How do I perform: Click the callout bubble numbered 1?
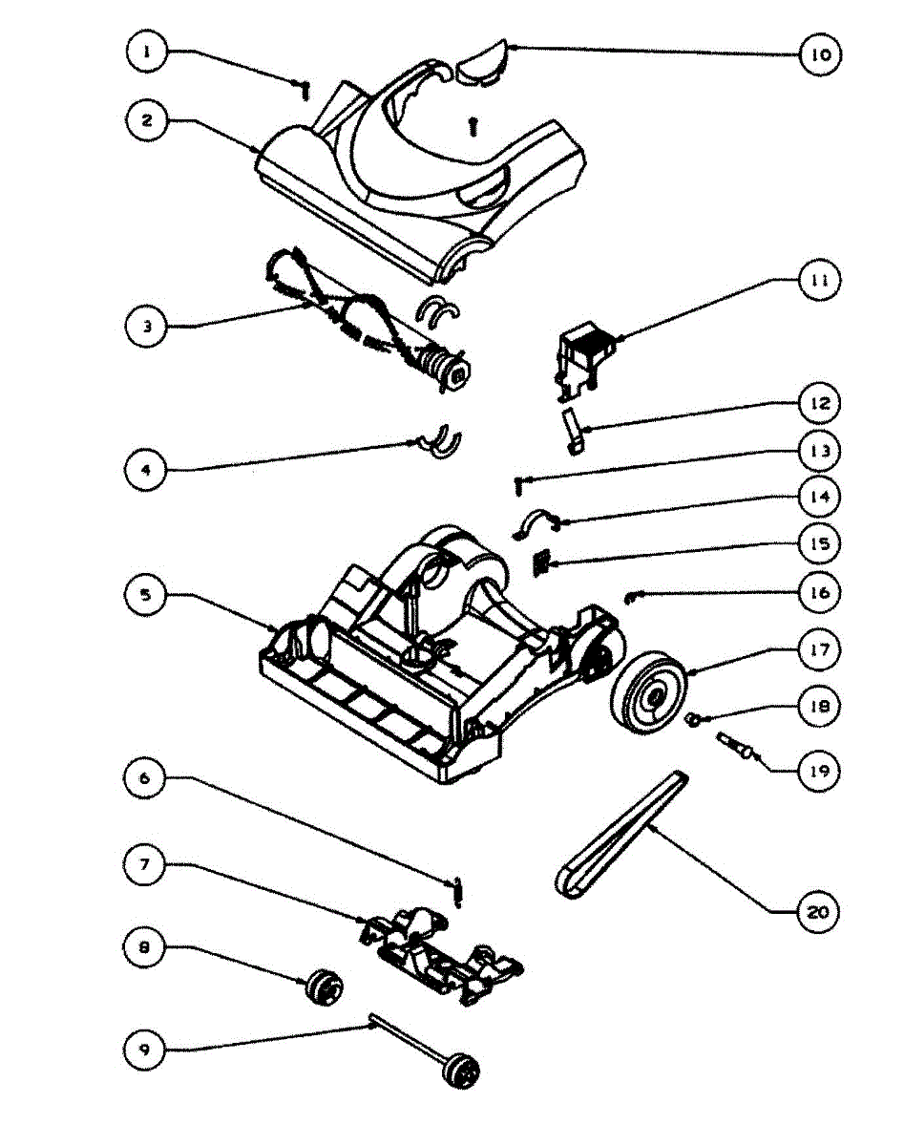click(146, 53)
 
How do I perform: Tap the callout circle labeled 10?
click(820, 54)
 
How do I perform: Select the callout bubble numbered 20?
click(818, 911)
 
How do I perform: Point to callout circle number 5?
click(146, 593)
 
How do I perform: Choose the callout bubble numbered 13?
click(820, 449)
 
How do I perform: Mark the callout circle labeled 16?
click(820, 592)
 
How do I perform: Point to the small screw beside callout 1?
click(305, 89)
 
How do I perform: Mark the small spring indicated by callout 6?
click(457, 893)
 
